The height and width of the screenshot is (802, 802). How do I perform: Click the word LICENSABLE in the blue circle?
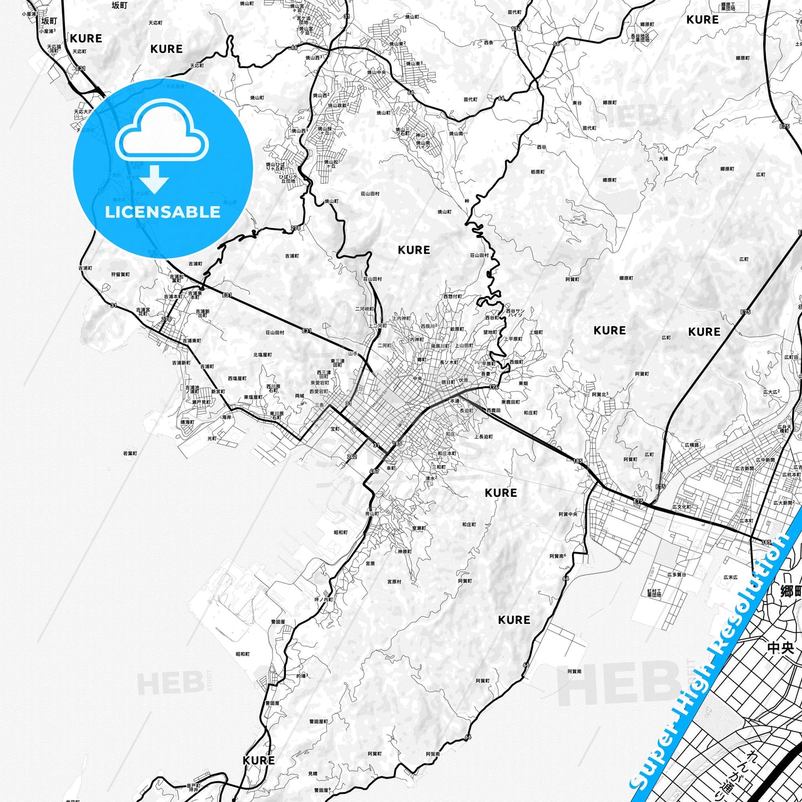[163, 212]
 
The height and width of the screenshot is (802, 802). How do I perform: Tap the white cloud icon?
[162, 132]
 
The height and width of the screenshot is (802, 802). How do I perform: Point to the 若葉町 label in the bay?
[130, 453]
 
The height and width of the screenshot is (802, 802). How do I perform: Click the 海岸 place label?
[226, 417]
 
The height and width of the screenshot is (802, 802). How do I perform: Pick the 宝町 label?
[335, 429]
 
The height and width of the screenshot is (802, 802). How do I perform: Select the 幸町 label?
[391, 468]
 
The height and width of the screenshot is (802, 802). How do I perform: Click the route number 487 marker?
[374, 471]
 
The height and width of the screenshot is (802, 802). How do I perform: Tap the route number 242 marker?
[352, 457]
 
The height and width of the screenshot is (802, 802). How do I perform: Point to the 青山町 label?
[372, 514]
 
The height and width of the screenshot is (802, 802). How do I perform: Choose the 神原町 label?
[405, 551]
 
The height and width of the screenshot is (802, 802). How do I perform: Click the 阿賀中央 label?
[568, 514]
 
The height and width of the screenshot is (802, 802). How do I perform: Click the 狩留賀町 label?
[120, 274]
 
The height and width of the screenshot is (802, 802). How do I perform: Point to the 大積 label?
[663, 159]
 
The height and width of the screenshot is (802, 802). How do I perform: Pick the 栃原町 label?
[537, 172]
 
